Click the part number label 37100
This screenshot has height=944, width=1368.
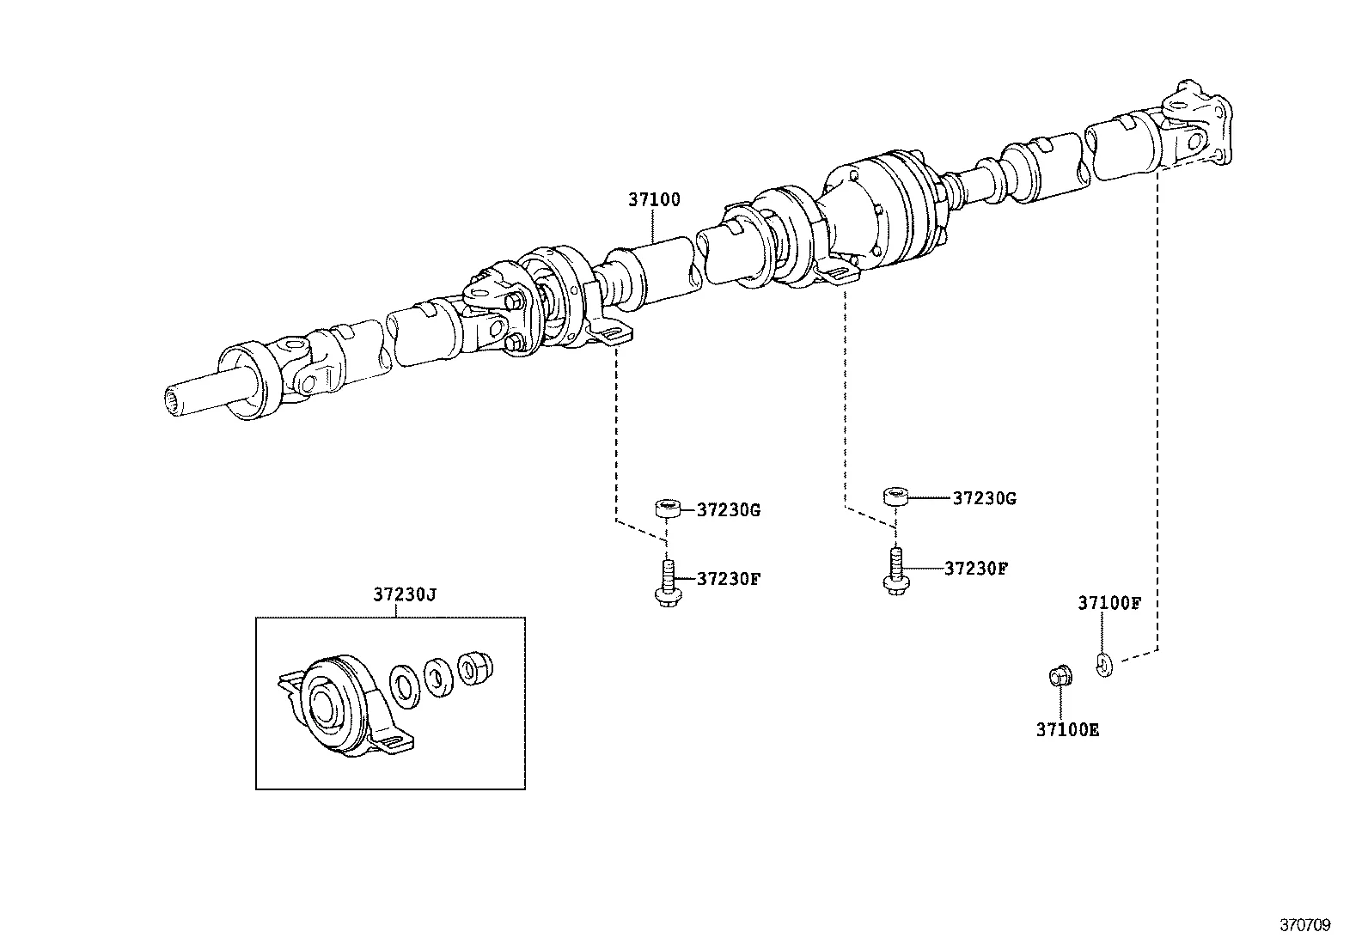(653, 199)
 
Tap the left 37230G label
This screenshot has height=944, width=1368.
(728, 509)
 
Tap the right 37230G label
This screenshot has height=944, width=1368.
(984, 498)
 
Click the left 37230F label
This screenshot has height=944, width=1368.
(728, 578)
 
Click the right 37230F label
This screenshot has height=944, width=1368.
(975, 568)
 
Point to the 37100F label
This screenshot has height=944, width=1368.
(1108, 603)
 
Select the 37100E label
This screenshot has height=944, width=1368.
(1067, 730)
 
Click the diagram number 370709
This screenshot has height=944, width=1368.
(1305, 925)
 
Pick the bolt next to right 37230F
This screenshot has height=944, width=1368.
(894, 571)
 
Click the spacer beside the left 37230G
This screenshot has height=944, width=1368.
(668, 509)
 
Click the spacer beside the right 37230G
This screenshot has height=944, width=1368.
(896, 496)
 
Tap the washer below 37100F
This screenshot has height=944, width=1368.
(1104, 663)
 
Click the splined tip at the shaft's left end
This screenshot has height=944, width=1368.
(178, 399)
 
